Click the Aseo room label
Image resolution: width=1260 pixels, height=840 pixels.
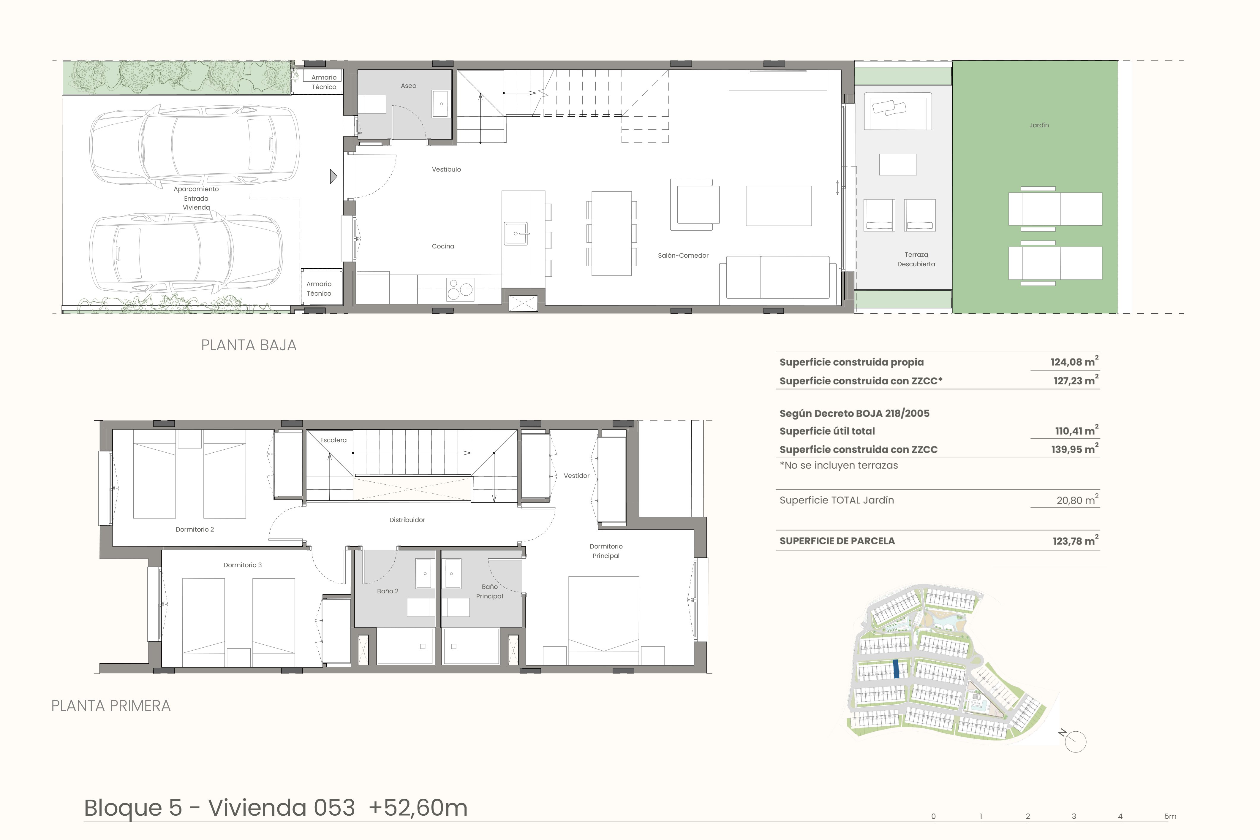(x=408, y=86)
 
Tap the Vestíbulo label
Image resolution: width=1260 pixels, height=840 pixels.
(x=446, y=169)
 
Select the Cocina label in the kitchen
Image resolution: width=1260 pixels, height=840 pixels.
(x=443, y=246)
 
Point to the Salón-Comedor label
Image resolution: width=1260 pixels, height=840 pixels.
(x=683, y=256)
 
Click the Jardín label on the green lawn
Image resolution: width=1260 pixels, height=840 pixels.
(x=1039, y=125)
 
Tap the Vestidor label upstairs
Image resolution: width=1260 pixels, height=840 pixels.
(x=576, y=476)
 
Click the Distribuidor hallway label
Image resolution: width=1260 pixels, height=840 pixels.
(x=407, y=520)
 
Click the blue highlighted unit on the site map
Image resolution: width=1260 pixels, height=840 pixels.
(x=896, y=670)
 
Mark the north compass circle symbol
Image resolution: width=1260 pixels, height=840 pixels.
(x=1076, y=742)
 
